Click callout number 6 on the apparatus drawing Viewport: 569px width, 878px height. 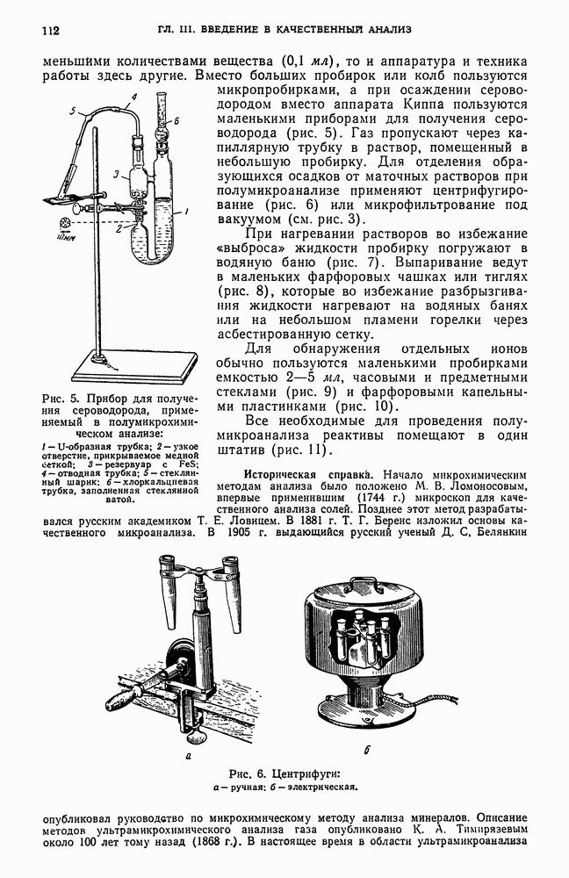pos(176,119)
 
